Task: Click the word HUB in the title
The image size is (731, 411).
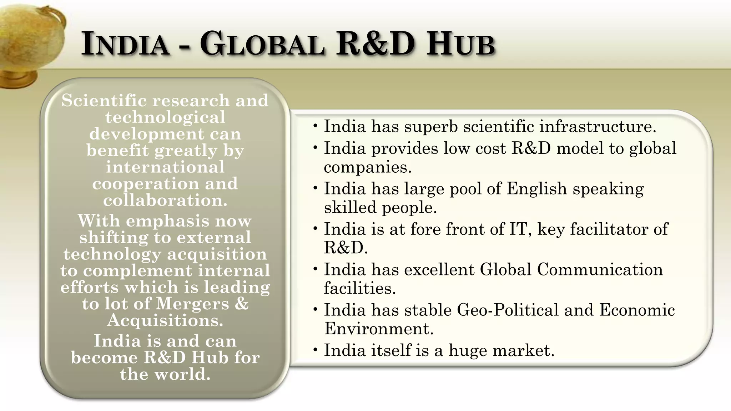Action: pyautogui.click(x=461, y=44)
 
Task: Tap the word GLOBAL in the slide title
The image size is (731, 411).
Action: pyautogui.click(x=262, y=44)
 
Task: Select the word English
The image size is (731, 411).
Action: pyautogui.click(x=536, y=189)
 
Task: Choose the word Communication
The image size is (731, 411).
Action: pyautogui.click(x=600, y=269)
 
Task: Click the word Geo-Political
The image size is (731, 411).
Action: pyautogui.click(x=507, y=310)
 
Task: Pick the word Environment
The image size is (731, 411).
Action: pyautogui.click(x=378, y=329)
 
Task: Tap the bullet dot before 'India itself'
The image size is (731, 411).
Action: pyautogui.click(x=315, y=350)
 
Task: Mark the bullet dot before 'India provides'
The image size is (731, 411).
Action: pyautogui.click(x=315, y=148)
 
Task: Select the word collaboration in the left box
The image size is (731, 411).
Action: pyautogui.click(x=165, y=200)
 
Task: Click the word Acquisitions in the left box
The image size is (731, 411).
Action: pyautogui.click(x=165, y=320)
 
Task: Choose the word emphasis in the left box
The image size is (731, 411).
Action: pyautogui.click(x=167, y=221)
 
